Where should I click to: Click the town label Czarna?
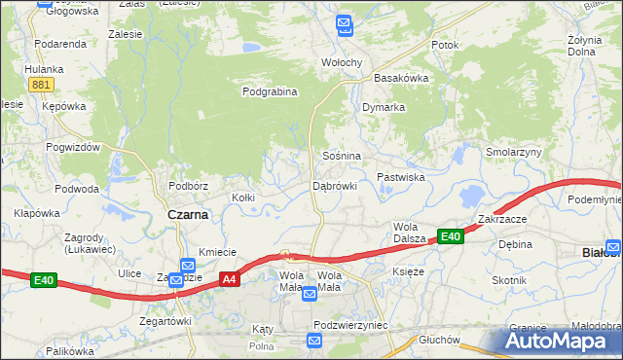point(188,215)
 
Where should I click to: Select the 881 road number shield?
point(40,86)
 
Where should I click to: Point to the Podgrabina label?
point(270,92)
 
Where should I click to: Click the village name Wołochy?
point(342,62)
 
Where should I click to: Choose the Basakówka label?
point(401,78)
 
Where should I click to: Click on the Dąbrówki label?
point(335,185)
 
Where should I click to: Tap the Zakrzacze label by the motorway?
point(502,219)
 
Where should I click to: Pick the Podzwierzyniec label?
point(351,325)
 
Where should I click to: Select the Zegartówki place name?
point(165,320)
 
